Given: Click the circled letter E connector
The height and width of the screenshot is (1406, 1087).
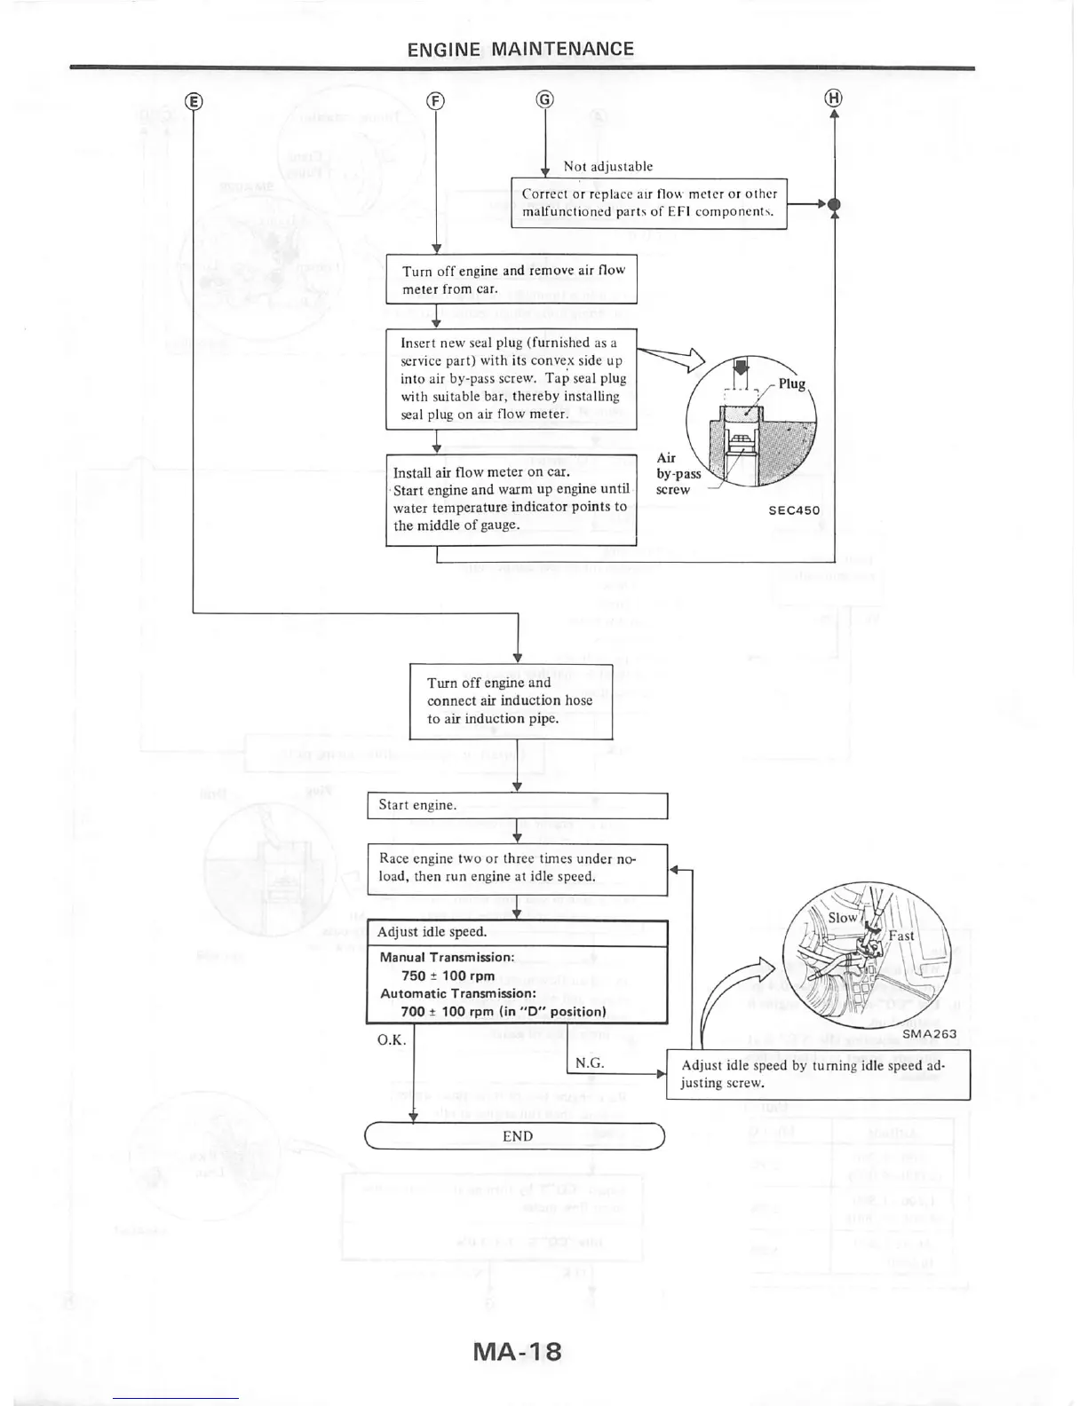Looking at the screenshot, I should [194, 100].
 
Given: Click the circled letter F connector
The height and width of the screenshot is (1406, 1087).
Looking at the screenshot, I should [435, 100].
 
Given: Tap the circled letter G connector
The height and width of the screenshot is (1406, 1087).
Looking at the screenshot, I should [544, 99].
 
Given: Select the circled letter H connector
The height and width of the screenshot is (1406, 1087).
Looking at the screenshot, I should [834, 99].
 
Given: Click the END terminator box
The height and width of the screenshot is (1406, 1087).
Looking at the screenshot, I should [515, 1136].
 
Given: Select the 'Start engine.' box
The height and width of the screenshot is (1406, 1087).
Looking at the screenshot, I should [517, 805].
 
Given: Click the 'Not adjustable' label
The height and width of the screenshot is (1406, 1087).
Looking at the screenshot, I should [607, 167].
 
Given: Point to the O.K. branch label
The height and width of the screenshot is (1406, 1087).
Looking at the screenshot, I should [392, 1039].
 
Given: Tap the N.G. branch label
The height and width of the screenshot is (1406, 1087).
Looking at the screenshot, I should [590, 1062].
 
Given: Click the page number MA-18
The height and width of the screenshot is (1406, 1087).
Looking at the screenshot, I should [518, 1351].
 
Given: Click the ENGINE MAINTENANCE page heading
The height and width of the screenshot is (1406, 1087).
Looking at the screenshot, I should [520, 49].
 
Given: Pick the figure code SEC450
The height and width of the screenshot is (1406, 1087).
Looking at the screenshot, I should [794, 510].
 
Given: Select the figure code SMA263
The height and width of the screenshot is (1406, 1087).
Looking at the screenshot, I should [929, 1034].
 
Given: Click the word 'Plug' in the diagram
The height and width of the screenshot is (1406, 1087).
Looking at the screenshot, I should [791, 383].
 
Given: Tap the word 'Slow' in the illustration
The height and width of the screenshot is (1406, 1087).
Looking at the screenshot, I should [843, 918].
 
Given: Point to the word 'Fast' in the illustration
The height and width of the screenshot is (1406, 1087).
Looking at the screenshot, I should [901, 936].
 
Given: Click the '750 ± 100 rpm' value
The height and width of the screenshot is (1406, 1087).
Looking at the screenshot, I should [448, 976].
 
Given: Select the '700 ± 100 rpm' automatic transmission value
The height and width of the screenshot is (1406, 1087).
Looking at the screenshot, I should [503, 1012].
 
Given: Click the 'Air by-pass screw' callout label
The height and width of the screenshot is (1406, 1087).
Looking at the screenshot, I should [678, 474].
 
